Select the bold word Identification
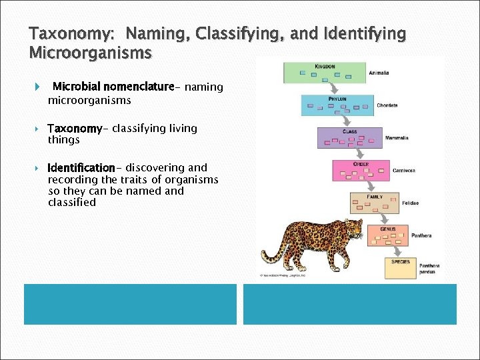coord(81,167)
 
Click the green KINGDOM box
coord(325,73)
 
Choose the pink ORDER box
coord(360,171)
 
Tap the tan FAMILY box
coord(373,203)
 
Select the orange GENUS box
coord(387,234)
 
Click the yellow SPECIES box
coord(400,267)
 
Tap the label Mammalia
coord(397,138)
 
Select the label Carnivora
coord(404,171)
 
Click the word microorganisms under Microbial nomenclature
coord(89,100)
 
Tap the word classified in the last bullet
coord(72,202)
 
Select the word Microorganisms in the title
coord(91,51)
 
